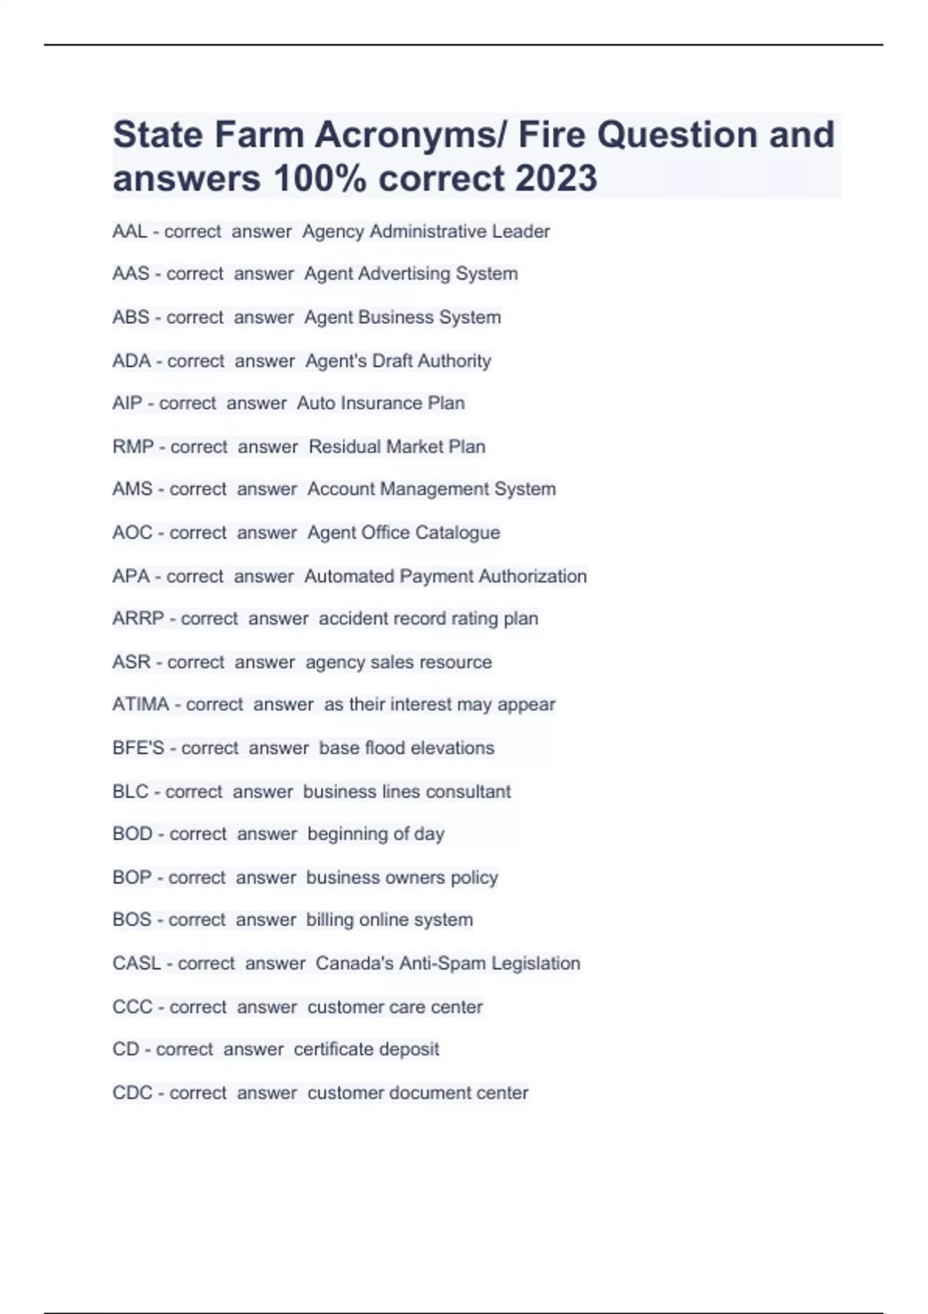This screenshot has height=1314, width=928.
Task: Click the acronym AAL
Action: (129, 232)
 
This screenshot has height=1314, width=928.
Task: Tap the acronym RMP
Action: (133, 447)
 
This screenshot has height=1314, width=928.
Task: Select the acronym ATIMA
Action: (140, 705)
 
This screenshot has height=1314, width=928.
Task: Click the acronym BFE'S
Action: (138, 748)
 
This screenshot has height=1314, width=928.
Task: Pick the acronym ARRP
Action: (138, 619)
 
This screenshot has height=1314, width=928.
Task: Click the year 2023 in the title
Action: (555, 179)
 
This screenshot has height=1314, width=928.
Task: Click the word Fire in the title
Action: (551, 135)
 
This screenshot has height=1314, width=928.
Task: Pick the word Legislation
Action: (535, 964)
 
